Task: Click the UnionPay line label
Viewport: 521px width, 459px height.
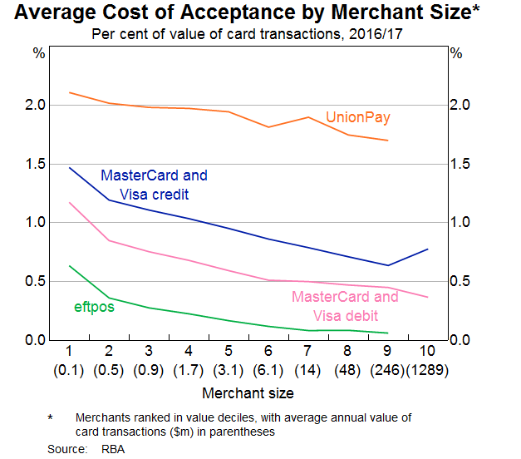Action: pos(358,118)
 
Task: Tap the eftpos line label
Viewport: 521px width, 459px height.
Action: pos(94,307)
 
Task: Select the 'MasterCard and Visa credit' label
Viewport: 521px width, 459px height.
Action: pos(154,185)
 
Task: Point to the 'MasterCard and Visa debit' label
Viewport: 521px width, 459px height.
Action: pos(345,306)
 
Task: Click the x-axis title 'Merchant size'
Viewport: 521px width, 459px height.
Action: pos(248,392)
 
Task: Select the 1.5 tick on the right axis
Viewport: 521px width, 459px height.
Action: pos(460,164)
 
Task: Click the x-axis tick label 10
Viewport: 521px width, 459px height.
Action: pos(427,349)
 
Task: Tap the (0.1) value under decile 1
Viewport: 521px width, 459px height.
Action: pos(70,368)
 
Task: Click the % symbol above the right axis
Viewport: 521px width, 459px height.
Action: pos(455,52)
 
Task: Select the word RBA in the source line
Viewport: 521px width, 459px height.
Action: pos(106,448)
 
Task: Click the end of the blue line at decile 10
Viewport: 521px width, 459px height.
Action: pos(427,249)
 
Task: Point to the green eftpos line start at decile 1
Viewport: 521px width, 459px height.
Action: pos(70,266)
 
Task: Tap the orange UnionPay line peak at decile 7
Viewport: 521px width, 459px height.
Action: pos(308,117)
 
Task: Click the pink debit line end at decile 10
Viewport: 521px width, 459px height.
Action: pos(427,297)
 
